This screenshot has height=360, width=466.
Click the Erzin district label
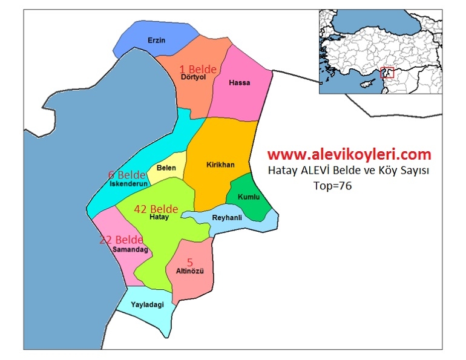point(156,41)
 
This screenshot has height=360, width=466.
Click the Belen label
point(166,168)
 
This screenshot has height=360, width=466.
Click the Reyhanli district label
point(227,217)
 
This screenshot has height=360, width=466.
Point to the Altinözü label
point(190,271)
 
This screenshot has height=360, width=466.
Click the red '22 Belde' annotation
point(121,240)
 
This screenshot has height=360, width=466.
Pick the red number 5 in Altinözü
point(189,262)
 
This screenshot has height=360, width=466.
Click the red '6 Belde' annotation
point(127,175)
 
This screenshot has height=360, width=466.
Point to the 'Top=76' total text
point(333,186)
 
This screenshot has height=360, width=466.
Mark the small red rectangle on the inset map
point(387,73)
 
